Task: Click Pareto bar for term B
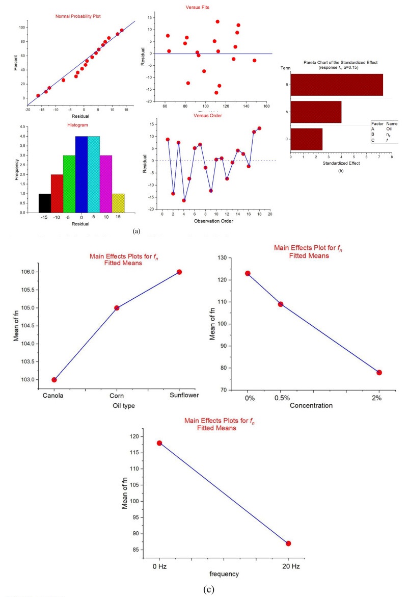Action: pos(337,85)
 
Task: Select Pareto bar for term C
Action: pos(307,139)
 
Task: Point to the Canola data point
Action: pos(54,379)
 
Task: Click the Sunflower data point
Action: pos(179,272)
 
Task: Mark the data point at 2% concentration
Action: pos(379,372)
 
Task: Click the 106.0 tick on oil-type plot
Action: pos(30,272)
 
